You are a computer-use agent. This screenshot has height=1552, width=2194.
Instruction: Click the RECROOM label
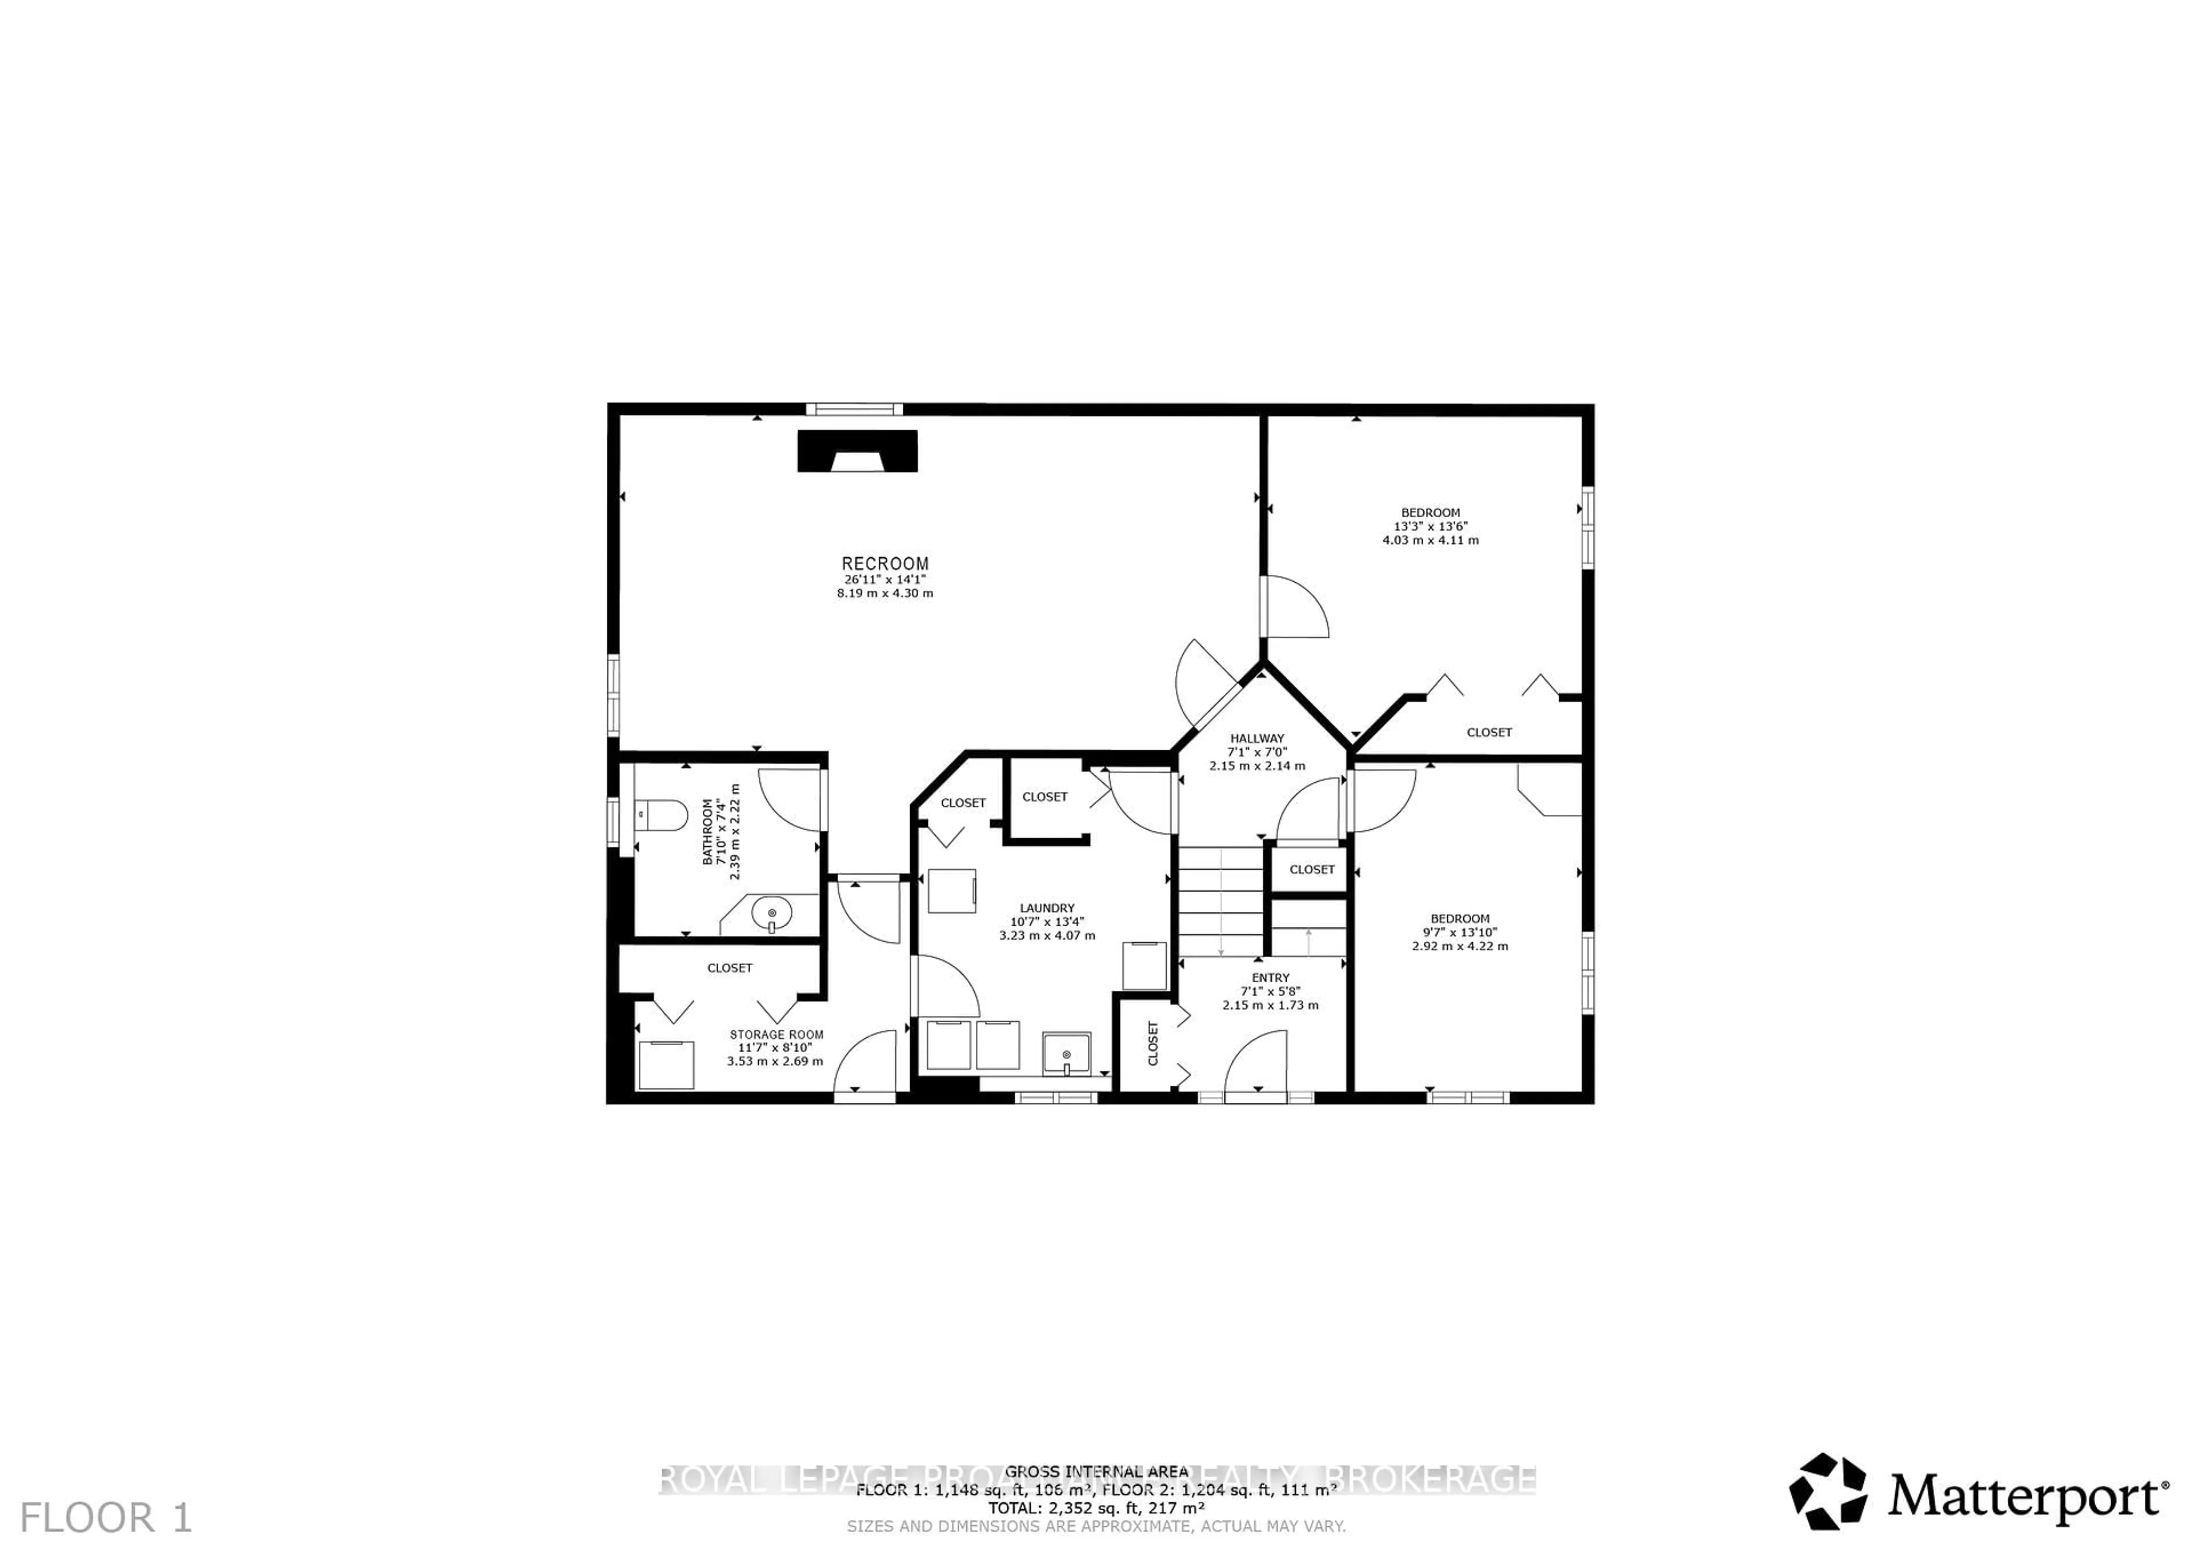click(885, 564)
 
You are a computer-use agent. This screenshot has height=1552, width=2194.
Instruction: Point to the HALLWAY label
click(1256, 739)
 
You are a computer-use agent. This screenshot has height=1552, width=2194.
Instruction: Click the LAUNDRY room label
click(1047, 908)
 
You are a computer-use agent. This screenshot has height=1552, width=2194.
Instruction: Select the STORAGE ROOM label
click(776, 1035)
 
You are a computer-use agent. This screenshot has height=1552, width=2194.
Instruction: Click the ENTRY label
click(1270, 978)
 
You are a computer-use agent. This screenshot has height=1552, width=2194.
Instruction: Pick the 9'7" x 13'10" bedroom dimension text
click(1459, 932)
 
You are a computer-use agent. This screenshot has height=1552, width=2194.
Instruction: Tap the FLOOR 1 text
click(106, 1518)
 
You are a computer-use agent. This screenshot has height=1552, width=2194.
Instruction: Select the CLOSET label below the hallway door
click(1311, 870)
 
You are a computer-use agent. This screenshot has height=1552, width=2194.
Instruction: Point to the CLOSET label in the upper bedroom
click(1489, 732)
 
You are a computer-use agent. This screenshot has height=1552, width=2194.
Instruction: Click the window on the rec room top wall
click(854, 410)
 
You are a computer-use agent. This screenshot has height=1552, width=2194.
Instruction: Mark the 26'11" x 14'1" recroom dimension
click(885, 580)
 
